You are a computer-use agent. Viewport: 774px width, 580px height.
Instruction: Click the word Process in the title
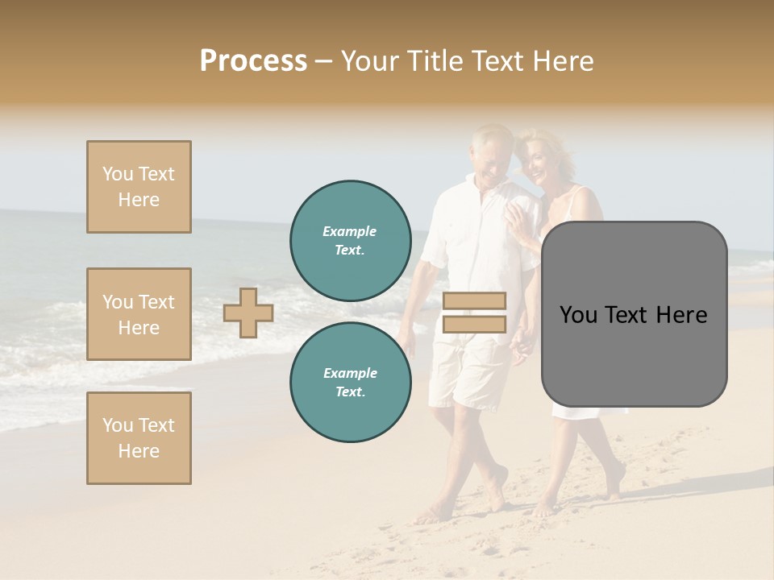pyautogui.click(x=253, y=60)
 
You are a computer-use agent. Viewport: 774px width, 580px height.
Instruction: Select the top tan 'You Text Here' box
pyautogui.click(x=139, y=187)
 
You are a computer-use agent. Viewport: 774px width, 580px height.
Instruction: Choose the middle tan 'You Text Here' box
pyautogui.click(x=139, y=314)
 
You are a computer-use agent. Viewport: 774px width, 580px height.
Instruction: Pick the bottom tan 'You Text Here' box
pyautogui.click(x=139, y=438)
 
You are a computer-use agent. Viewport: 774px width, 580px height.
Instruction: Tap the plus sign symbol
pyautogui.click(x=248, y=313)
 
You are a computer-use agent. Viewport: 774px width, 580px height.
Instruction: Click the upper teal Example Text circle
pyautogui.click(x=350, y=241)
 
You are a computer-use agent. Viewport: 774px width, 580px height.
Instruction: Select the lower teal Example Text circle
pyautogui.click(x=350, y=383)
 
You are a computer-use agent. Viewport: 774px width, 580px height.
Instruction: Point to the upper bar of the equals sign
pyautogui.click(x=474, y=301)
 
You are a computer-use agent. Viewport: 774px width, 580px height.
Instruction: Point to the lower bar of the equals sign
pyautogui.click(x=474, y=324)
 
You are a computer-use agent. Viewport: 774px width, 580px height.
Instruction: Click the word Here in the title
pyautogui.click(x=561, y=60)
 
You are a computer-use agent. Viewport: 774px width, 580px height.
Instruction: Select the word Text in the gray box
pyautogui.click(x=634, y=315)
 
